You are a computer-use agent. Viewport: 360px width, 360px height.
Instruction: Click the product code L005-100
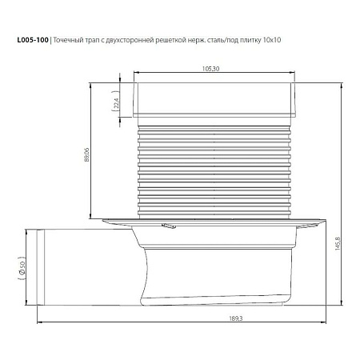(33, 40)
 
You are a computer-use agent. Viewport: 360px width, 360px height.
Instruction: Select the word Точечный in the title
(68, 40)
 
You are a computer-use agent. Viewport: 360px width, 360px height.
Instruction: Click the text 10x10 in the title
(272, 40)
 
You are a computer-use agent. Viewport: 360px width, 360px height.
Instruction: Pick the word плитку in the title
(250, 41)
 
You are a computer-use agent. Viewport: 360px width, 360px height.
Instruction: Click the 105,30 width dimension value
(210, 69)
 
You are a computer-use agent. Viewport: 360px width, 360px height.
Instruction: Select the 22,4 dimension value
(116, 103)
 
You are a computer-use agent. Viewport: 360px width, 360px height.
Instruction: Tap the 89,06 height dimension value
(87, 155)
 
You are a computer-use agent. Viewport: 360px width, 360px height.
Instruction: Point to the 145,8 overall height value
(338, 243)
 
